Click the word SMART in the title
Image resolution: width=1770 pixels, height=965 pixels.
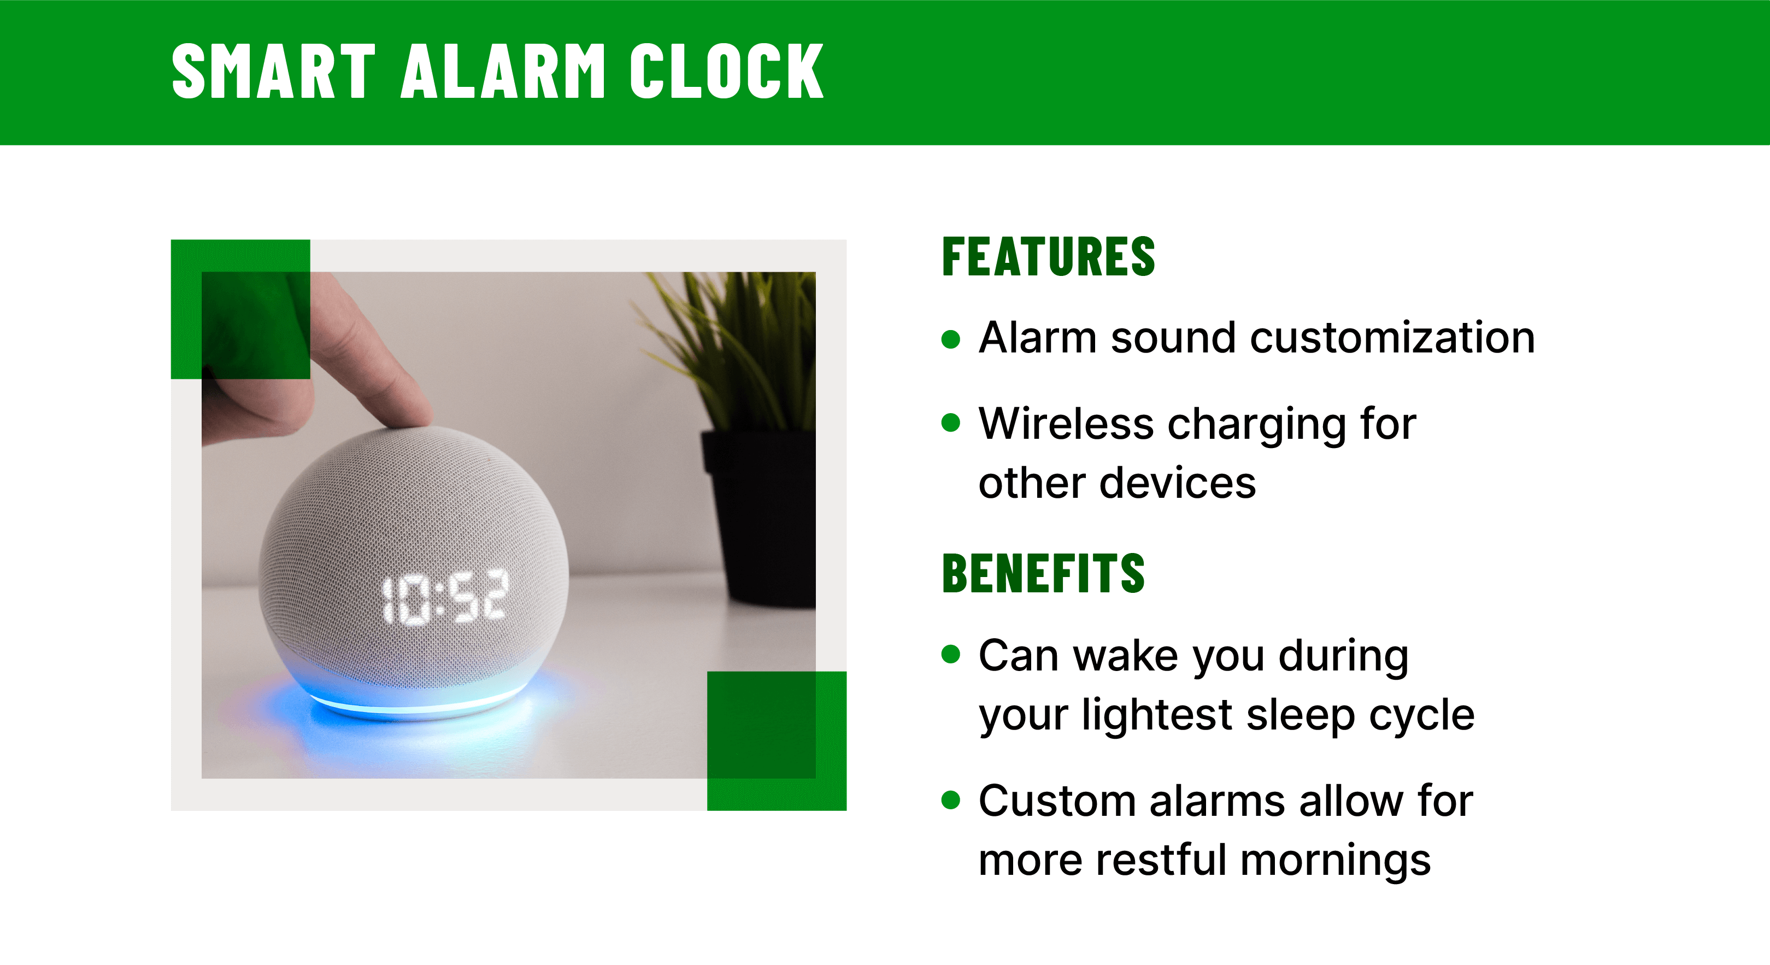point(273,70)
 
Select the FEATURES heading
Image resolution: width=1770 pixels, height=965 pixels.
point(1048,257)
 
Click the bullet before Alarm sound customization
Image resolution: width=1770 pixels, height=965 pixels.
point(950,339)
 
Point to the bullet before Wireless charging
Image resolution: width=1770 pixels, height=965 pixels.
point(950,422)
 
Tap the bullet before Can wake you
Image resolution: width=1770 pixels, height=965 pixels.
point(950,654)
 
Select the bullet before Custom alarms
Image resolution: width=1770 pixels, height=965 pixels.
point(950,799)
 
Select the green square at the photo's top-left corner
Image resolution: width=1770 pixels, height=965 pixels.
point(240,309)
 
